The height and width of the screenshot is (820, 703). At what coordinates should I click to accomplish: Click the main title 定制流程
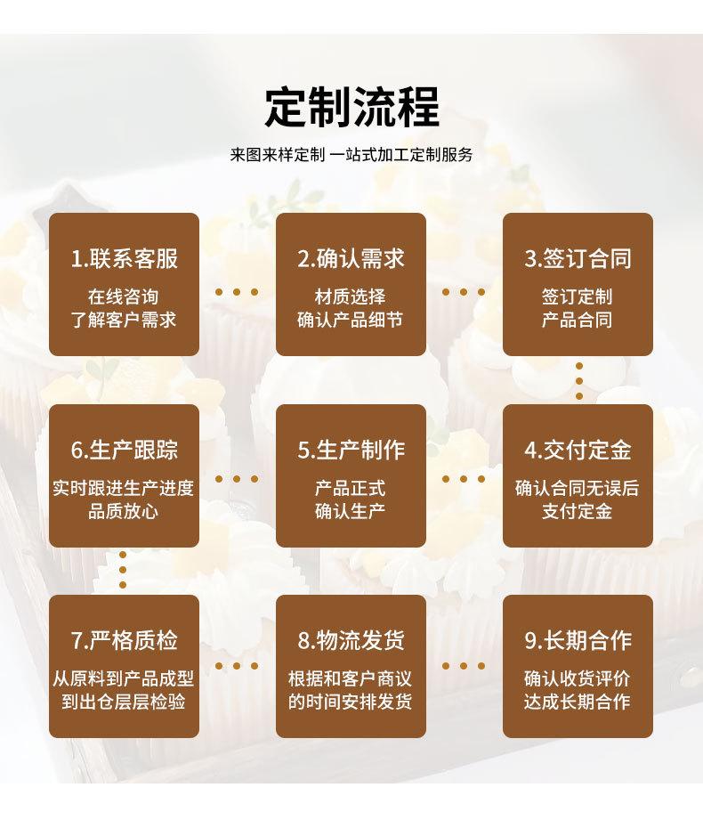[351, 107]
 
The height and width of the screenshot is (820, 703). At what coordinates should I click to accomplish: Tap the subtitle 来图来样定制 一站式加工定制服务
[351, 154]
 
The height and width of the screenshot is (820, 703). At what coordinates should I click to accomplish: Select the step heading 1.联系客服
[124, 258]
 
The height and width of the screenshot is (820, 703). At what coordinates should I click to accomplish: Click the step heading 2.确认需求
[351, 258]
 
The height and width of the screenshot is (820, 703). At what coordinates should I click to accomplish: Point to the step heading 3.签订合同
[578, 258]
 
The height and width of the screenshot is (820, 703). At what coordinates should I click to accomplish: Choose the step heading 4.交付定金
[578, 450]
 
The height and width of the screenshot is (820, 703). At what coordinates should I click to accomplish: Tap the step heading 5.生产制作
[351, 450]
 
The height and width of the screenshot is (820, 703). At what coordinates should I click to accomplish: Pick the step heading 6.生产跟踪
[124, 450]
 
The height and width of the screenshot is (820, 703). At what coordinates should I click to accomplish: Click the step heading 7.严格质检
[124, 640]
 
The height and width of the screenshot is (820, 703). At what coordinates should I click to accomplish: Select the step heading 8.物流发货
[351, 640]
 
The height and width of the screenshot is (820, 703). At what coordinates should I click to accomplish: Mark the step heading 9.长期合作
[578, 640]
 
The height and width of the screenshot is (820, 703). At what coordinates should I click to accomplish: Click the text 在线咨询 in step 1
[124, 297]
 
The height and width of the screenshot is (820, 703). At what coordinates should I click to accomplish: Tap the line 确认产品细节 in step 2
[351, 320]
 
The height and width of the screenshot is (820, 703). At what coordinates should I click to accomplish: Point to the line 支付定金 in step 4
[578, 511]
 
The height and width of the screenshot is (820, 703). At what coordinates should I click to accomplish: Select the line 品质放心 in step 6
[124, 511]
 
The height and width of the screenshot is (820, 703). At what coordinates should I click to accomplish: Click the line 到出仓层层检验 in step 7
[124, 702]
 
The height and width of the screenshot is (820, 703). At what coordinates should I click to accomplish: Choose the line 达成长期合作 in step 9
[578, 702]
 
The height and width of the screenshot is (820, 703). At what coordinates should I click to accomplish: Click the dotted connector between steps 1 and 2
[238, 291]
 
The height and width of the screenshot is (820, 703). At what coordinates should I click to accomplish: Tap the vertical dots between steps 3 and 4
[579, 381]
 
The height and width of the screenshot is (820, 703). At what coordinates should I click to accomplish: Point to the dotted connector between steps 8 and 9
[465, 665]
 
